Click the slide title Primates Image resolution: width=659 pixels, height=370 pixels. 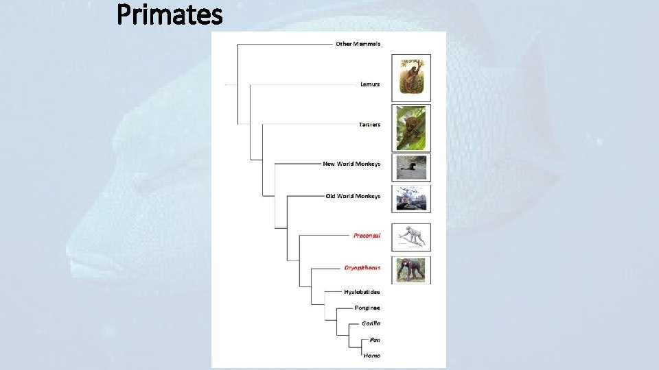(x=170, y=14)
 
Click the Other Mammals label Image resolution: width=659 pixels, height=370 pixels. (x=358, y=44)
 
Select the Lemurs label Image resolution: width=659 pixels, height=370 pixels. (x=370, y=84)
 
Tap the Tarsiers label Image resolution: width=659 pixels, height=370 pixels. (x=369, y=125)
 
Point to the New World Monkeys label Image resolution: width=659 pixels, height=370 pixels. (x=351, y=164)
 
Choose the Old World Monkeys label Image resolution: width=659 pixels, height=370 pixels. (x=353, y=196)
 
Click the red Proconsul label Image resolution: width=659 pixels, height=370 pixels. (x=367, y=236)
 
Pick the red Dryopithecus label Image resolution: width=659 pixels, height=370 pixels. (x=362, y=268)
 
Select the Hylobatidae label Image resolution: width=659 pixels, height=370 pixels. (x=362, y=292)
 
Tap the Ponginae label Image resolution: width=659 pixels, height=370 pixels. (x=367, y=308)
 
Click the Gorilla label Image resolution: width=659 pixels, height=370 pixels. (x=371, y=323)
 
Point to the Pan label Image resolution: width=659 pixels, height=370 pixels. (x=375, y=340)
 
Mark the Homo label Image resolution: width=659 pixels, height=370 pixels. (x=371, y=356)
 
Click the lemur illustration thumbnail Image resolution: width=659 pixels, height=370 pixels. (x=411, y=77)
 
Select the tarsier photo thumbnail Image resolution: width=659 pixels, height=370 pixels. (x=411, y=127)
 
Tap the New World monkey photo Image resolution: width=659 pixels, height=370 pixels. (x=411, y=166)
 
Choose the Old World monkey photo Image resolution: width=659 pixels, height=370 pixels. (x=411, y=198)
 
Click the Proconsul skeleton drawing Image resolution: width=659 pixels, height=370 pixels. (x=411, y=237)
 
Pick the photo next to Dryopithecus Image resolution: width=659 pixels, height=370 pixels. (x=411, y=270)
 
